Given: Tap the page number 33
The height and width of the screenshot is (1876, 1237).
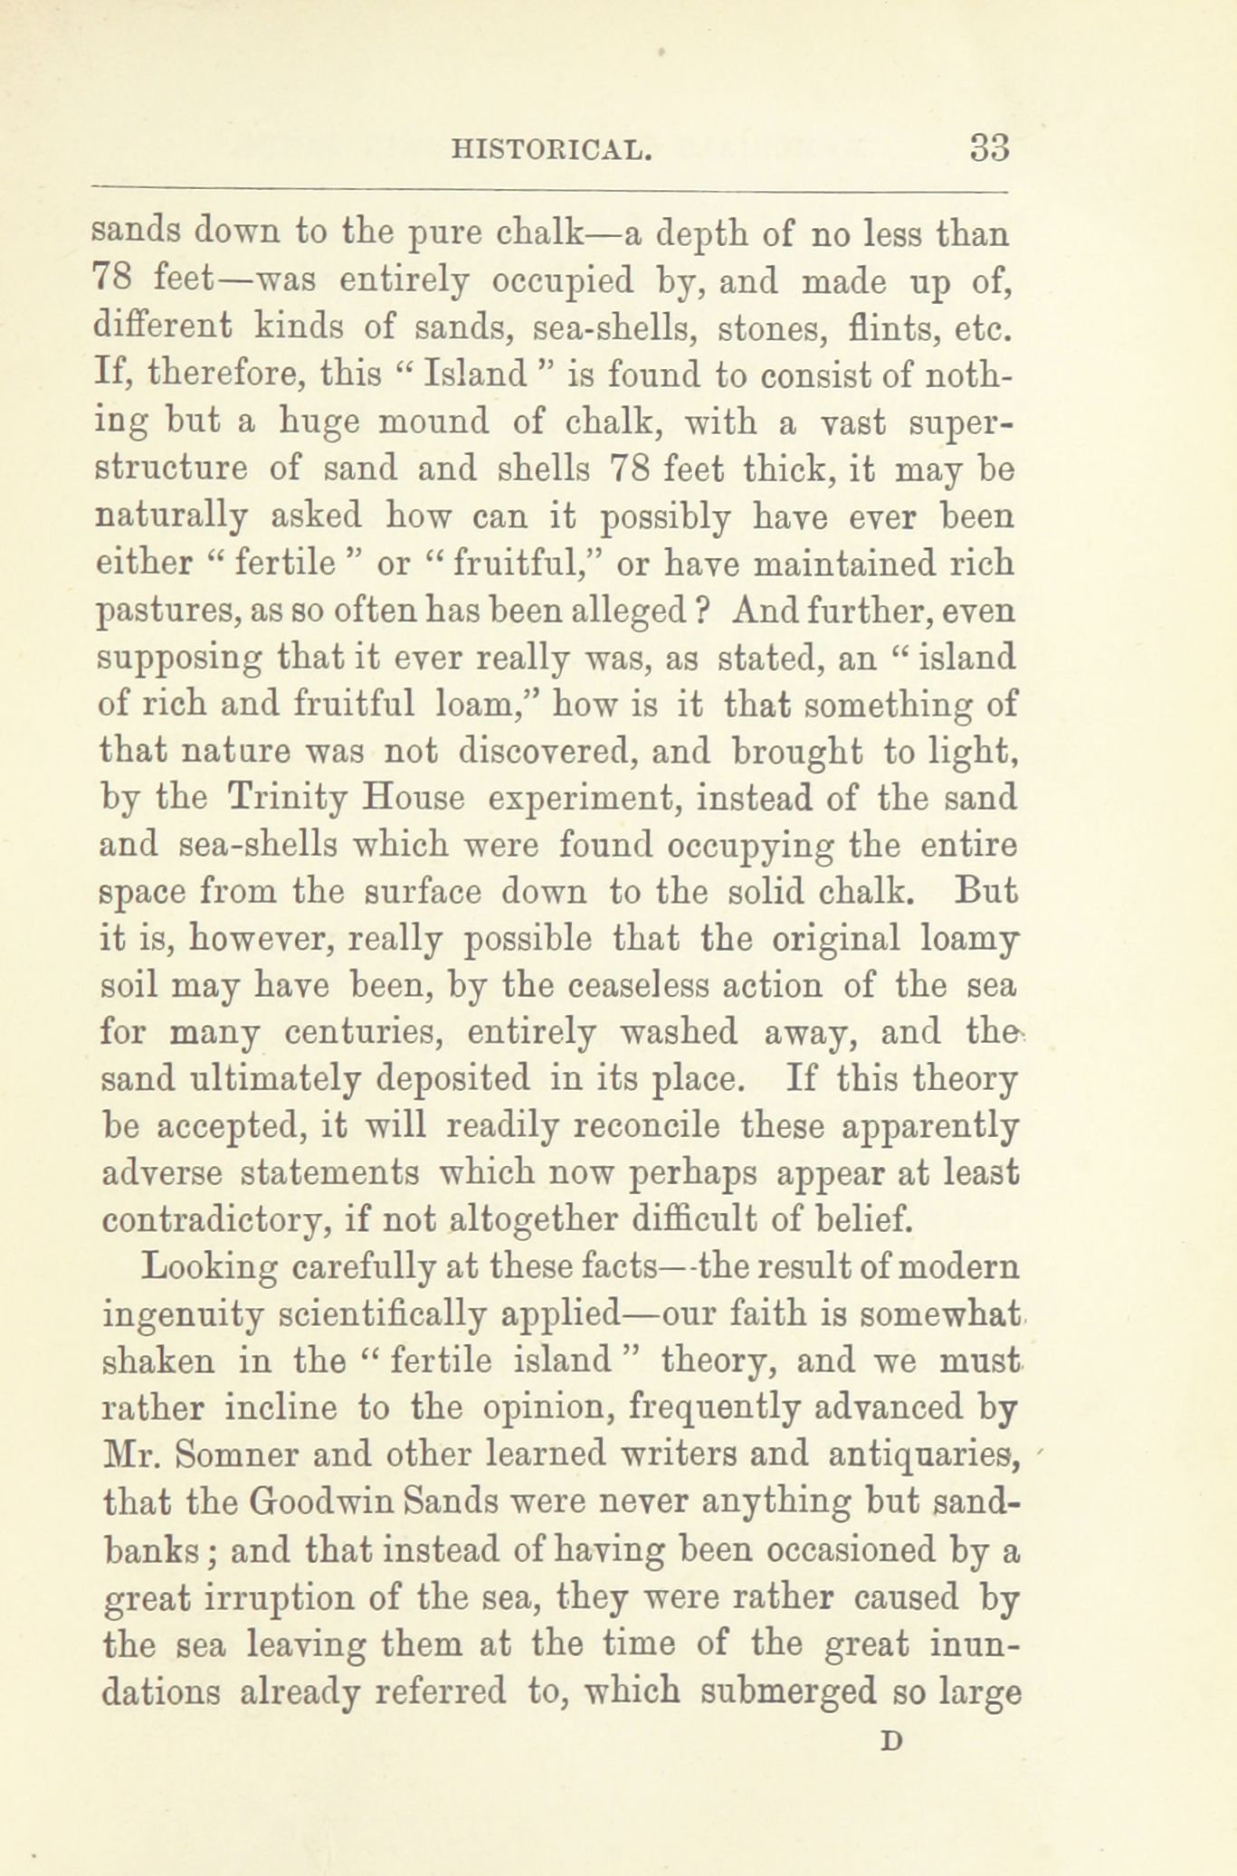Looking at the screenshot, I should click(x=988, y=147).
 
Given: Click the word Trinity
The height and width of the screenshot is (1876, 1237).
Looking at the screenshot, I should click(x=286, y=798).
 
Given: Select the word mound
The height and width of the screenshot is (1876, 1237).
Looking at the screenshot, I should click(x=431, y=422).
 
